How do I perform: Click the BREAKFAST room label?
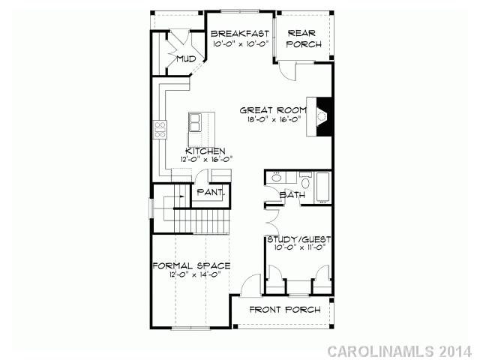pos(239,33)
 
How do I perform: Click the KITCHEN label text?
pos(205,151)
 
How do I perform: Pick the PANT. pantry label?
pos(209,193)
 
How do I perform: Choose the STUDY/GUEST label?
pos(300,239)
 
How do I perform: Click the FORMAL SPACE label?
pos(190,266)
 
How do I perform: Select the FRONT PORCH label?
pos(285,310)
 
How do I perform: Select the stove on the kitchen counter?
pos(160,130)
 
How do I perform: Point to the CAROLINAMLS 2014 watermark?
pos(400,350)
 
